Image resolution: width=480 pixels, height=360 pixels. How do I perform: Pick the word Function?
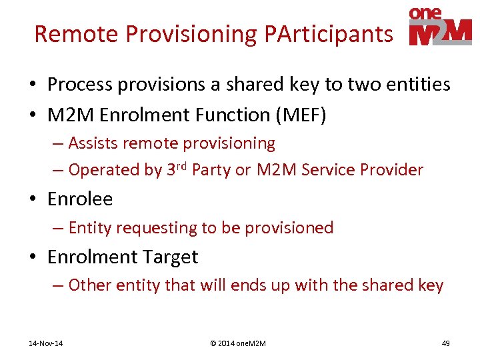[x=218, y=115]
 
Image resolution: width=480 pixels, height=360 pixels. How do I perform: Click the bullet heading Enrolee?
[x=80, y=199]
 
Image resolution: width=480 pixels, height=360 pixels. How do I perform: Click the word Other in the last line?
[x=90, y=285]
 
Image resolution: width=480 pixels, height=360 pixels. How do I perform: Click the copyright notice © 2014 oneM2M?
[x=237, y=343]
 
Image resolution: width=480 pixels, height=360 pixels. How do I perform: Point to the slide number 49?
[x=446, y=343]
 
